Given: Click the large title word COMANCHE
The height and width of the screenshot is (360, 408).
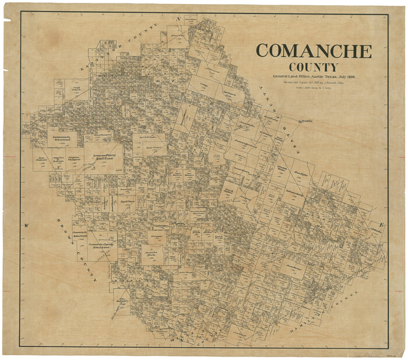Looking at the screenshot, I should pos(314,51).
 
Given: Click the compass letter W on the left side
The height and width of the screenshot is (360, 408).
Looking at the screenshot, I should pos(26,225).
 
